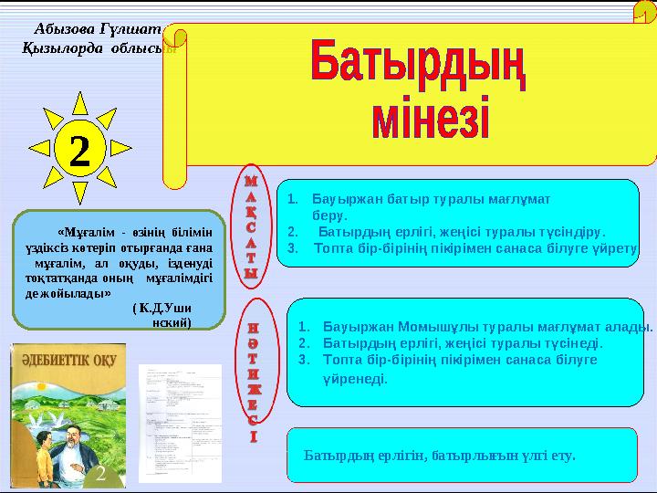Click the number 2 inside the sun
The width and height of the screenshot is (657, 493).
[79, 150]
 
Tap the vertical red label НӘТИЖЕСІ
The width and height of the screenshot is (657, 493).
[252, 379]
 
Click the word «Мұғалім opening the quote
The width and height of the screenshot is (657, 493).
[84, 232]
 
